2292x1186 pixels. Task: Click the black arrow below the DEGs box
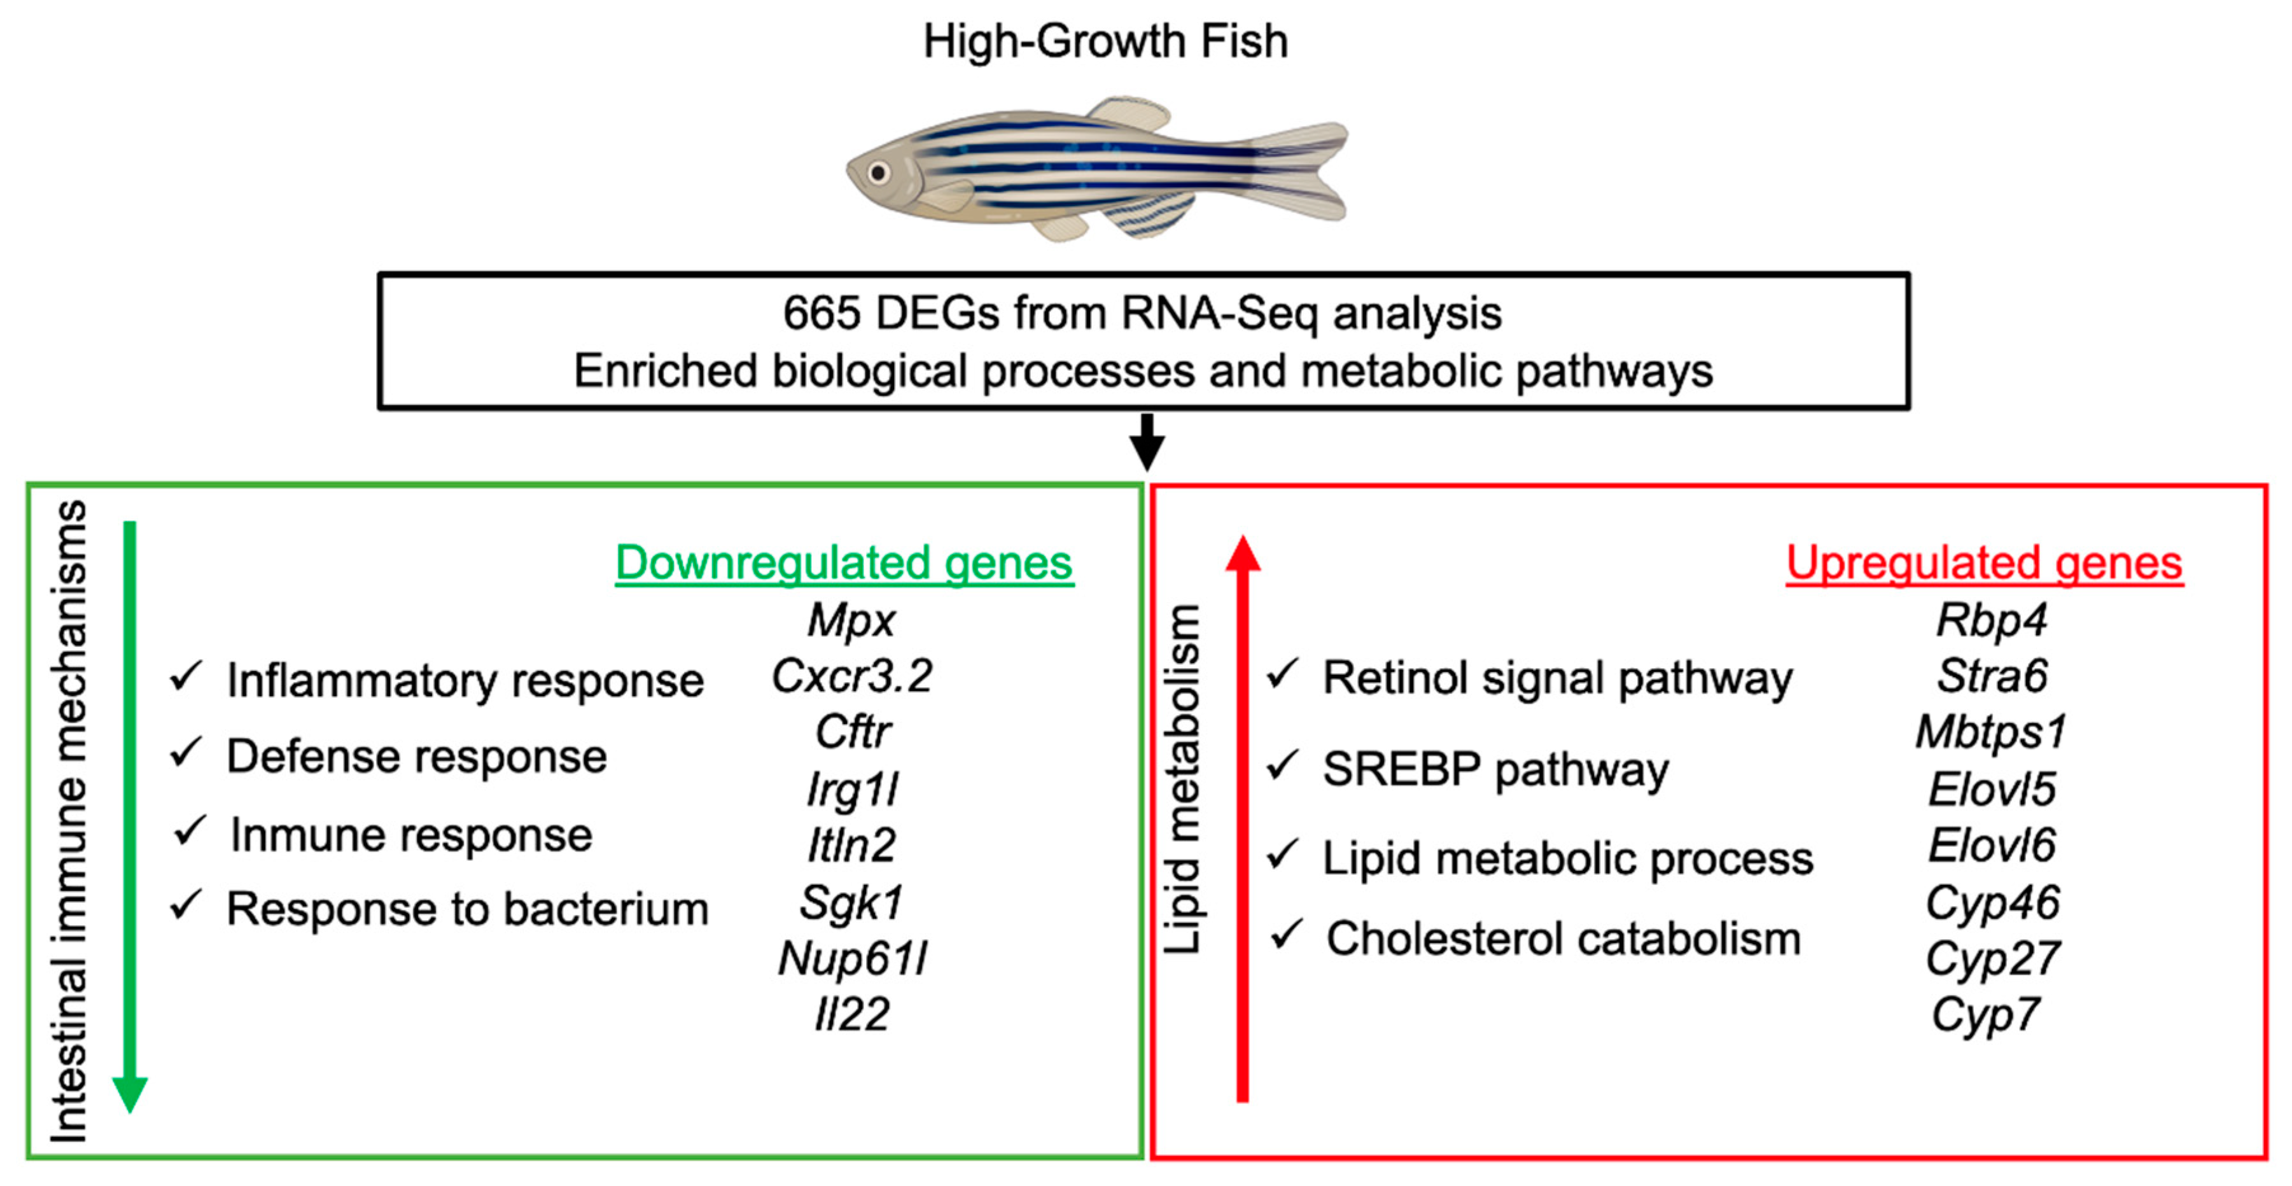tap(1147, 442)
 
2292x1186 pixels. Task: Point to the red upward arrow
tap(1243, 818)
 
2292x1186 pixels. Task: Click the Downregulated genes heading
tap(844, 563)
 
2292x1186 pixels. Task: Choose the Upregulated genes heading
tap(1984, 563)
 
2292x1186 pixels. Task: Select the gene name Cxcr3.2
tap(851, 676)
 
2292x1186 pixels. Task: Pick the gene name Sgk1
tap(851, 903)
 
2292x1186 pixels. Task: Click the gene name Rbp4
tap(1991, 620)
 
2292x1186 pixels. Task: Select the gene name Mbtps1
tap(1991, 733)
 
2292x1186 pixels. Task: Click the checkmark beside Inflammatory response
tap(186, 676)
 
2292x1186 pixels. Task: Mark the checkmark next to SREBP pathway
tap(1282, 765)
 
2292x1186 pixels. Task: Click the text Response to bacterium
tap(467, 909)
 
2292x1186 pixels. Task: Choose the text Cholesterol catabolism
tap(1563, 938)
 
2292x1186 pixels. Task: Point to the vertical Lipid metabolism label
tap(1182, 779)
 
